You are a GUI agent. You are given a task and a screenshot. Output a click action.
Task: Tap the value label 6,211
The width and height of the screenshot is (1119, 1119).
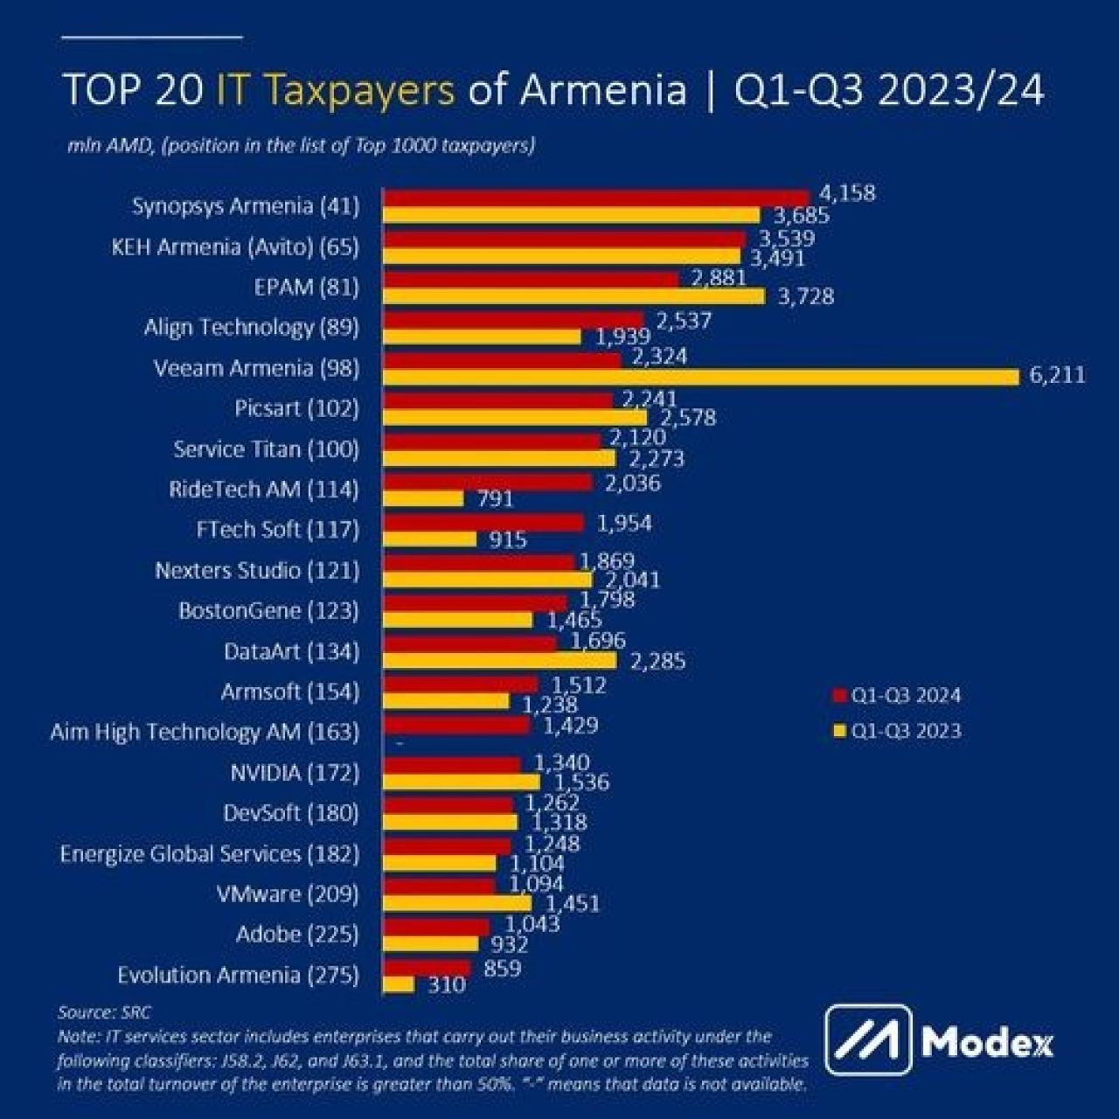[x=1058, y=376]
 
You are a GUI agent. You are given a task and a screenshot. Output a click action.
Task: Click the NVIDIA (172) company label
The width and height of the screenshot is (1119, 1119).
[x=295, y=773]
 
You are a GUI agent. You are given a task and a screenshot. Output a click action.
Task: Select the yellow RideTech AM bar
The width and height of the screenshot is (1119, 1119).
[x=424, y=498]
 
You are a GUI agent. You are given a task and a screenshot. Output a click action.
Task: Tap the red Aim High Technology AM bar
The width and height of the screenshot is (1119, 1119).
[x=457, y=725]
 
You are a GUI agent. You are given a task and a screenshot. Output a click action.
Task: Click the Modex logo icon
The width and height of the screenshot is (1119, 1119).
[x=868, y=1040]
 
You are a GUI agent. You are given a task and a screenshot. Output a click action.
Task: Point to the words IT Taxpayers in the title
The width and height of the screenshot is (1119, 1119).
[x=336, y=90]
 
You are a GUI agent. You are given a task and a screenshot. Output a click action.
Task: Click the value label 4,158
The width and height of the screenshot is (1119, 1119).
[x=847, y=193]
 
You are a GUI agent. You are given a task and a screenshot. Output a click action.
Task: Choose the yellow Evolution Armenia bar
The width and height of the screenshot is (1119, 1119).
[x=400, y=984]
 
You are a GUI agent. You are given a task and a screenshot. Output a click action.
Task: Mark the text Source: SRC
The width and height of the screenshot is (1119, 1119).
[x=104, y=1012]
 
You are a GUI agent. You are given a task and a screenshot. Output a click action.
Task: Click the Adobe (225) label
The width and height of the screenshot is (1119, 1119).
[x=297, y=935]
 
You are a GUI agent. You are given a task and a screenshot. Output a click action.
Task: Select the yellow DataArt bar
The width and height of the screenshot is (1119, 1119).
[x=500, y=661]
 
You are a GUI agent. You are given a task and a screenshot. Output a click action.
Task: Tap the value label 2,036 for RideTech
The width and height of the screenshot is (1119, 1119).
[x=632, y=483]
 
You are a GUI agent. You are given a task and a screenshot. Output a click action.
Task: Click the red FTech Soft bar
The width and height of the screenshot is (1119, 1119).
[x=484, y=523]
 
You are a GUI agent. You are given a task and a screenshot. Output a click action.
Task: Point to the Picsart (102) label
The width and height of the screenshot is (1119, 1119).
[x=297, y=408]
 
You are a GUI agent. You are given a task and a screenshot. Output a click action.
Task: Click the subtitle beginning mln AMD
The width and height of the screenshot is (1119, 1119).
[x=302, y=145]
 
